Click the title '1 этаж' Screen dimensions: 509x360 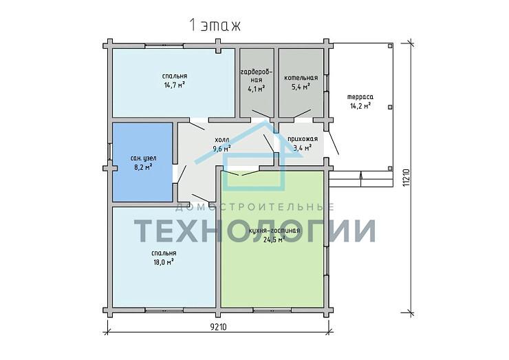[215, 25]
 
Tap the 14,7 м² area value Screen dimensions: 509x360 [175, 85]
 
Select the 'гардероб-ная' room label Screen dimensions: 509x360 [257, 76]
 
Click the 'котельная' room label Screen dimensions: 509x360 [301, 78]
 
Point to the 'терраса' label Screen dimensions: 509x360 [360, 97]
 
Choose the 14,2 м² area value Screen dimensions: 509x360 [360, 105]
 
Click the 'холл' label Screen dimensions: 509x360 [222, 140]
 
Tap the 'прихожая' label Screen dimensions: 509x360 [303, 139]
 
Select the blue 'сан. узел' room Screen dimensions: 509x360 [142, 162]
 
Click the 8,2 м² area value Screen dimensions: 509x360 [143, 167]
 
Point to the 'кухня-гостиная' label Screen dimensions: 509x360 [274, 231]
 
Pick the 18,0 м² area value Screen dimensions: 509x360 [164, 262]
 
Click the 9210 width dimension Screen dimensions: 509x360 [219, 327]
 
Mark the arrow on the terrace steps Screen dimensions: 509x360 [361, 180]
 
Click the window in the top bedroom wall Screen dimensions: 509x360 [164, 46]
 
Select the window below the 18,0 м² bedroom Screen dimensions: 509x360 [164, 310]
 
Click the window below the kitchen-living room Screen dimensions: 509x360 [272, 310]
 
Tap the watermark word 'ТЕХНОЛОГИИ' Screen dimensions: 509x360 [254, 231]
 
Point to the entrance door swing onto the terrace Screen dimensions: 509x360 [334, 142]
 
